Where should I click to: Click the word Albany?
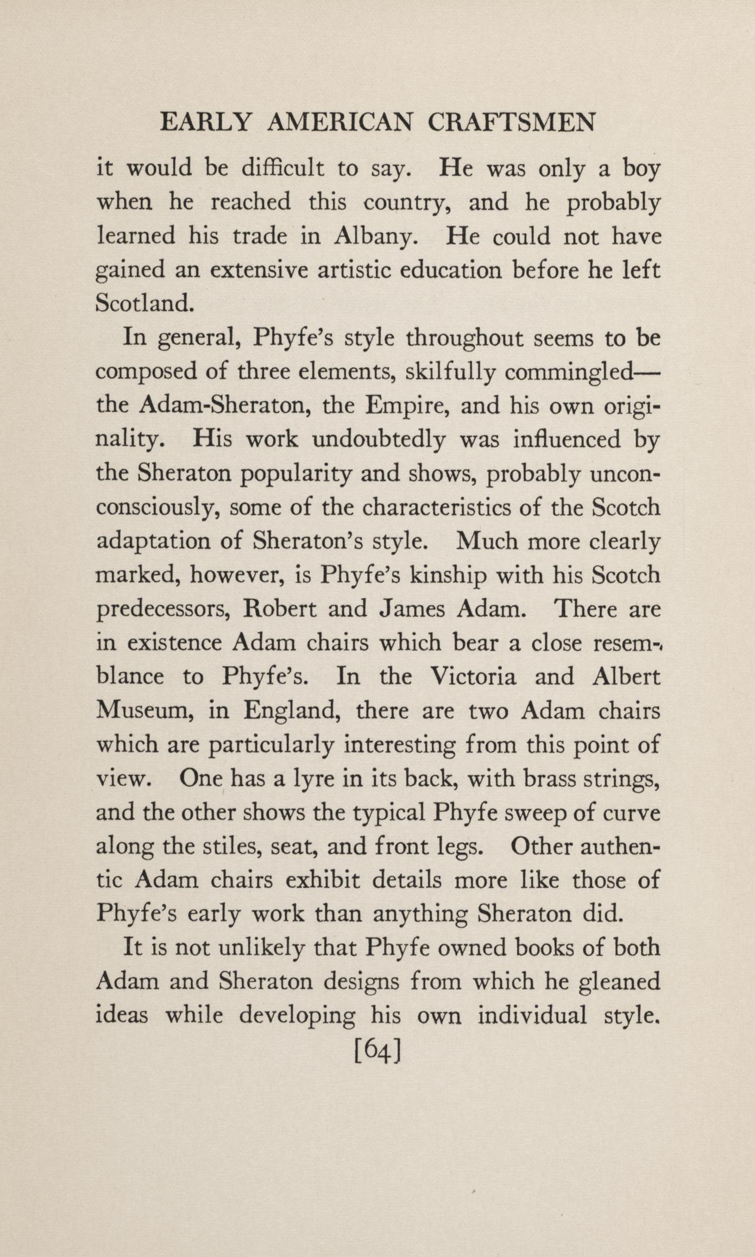375,237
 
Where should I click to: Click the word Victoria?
473,677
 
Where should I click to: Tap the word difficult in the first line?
282,169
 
